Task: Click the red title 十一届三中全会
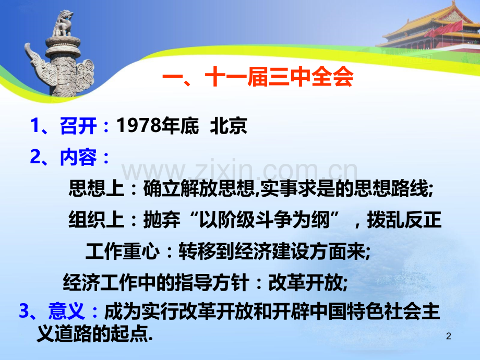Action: [x=279, y=77]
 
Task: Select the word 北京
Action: [x=229, y=126]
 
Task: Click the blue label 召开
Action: [x=78, y=126]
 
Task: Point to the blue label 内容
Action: [x=78, y=157]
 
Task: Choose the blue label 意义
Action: [x=66, y=311]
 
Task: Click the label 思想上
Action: [x=97, y=188]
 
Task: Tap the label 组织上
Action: [x=97, y=220]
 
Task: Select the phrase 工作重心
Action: [x=123, y=251]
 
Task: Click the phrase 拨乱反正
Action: [x=404, y=220]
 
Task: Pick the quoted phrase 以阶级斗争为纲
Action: [x=264, y=220]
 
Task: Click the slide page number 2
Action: [x=449, y=336]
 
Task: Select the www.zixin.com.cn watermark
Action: [x=239, y=169]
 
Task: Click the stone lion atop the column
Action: [x=63, y=23]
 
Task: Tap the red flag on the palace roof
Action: [x=448, y=28]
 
